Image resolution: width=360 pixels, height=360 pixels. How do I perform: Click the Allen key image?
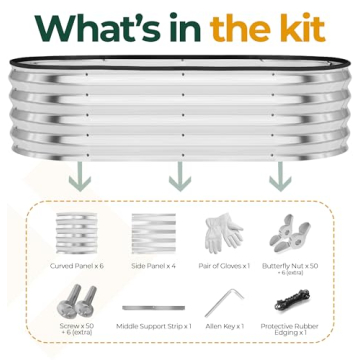[x=224, y=302]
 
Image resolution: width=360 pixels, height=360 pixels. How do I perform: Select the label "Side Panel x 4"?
[x=152, y=268]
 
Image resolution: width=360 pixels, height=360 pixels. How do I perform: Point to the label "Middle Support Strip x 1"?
[x=152, y=327]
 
